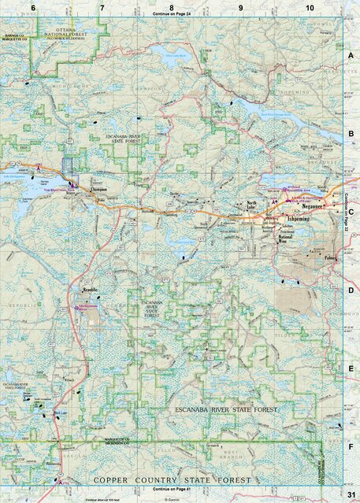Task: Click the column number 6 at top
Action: (x=33, y=7)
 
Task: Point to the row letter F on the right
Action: (x=351, y=446)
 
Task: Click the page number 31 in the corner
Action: (x=351, y=494)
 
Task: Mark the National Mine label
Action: (x=287, y=238)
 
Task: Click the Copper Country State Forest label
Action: (x=172, y=479)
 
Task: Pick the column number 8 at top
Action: (x=160, y=7)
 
